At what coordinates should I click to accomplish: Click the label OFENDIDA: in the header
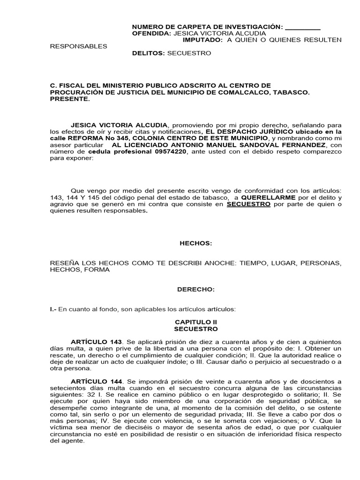pos(152,34)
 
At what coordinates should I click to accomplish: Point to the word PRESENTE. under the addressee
pos(69,99)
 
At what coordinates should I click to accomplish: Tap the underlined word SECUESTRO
pos(248,204)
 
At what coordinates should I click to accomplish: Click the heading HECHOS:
pos(196,243)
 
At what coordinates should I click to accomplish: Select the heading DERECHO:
pos(196,290)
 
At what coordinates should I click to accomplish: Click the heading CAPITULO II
pos(196,322)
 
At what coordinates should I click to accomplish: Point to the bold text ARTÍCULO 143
pos(96,342)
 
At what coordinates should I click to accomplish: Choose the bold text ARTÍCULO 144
pos(96,381)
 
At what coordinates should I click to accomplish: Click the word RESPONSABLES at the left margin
pos(78,46)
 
